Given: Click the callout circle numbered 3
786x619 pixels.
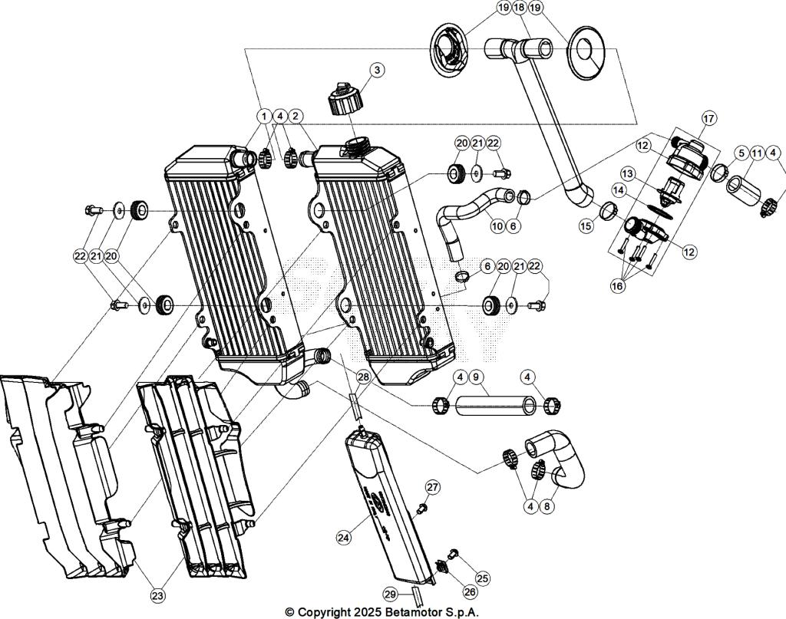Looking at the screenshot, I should pos(377,70).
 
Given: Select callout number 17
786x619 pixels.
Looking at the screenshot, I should pos(708,118).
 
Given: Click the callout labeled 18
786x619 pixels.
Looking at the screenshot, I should pos(520,7).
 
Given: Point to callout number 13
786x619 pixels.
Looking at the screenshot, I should pos(628,173).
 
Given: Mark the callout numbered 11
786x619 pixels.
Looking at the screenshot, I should pos(756,153).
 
